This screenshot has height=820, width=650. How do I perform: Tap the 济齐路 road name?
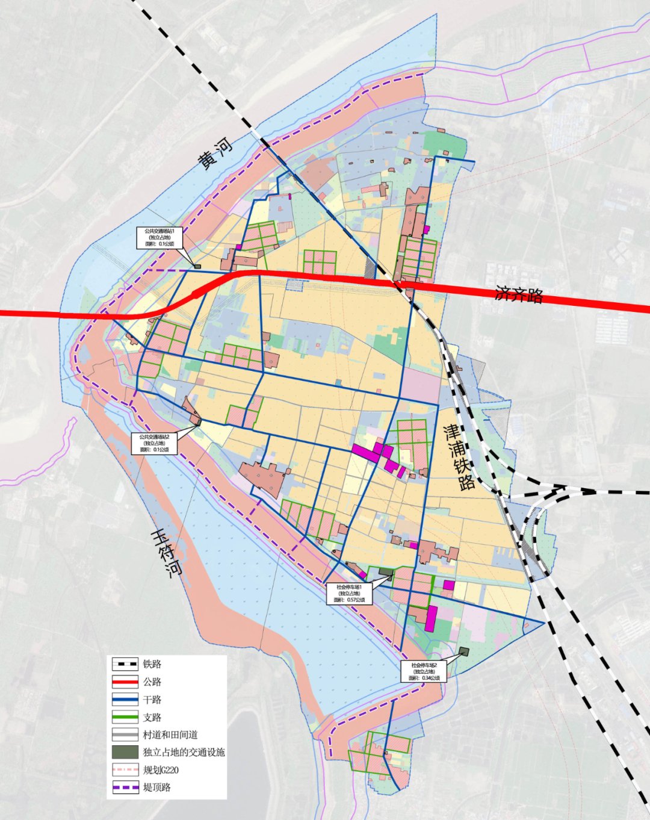519,294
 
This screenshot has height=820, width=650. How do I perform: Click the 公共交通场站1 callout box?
158,237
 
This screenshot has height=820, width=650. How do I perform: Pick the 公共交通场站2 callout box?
155,443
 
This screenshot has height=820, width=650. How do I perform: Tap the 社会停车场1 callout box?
350,593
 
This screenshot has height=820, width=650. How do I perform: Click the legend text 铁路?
152,665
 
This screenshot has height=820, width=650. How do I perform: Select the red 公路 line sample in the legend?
125,682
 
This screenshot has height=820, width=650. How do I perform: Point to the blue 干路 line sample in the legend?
125,700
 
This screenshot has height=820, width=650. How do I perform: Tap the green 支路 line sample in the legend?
125,717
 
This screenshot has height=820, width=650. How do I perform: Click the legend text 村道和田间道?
170,735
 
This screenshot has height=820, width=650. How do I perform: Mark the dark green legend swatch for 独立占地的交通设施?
125,752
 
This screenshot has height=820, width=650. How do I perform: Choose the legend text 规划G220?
161,770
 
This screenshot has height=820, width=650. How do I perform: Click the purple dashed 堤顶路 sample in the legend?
125,787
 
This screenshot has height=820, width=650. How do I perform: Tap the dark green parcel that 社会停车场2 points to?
463,651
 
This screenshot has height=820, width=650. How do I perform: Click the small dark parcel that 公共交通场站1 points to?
197,266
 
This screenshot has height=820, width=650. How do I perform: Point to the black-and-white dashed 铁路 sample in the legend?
125,665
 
